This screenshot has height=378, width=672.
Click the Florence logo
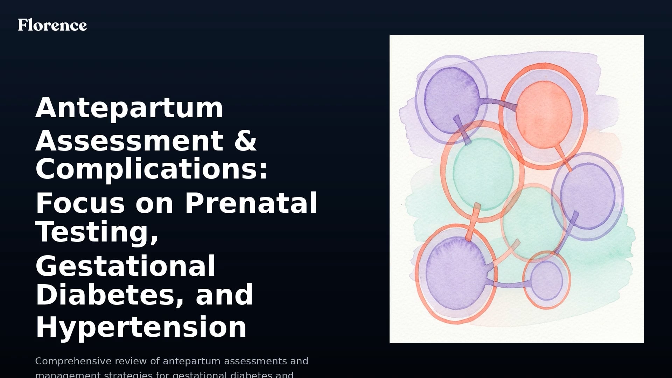click(52, 25)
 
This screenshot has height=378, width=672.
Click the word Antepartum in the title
click(129, 108)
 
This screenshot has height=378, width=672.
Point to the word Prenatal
click(251, 203)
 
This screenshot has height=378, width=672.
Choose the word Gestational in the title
click(125, 266)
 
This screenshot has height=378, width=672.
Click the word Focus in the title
click(80, 203)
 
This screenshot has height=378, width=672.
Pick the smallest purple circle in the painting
click(546, 280)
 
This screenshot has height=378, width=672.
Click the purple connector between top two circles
click(497, 104)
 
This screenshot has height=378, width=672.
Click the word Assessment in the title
click(129, 141)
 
